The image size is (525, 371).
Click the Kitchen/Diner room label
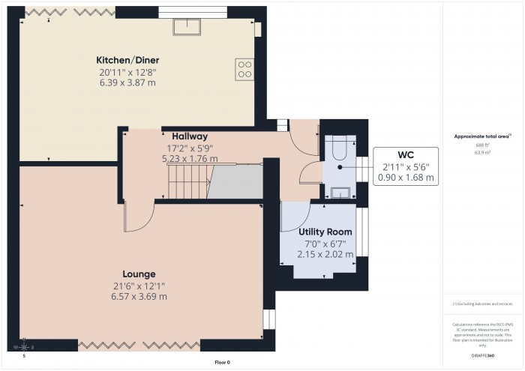tap(127, 59)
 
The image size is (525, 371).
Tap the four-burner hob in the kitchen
tap(244, 69)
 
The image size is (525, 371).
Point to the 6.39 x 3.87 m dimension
tap(127, 84)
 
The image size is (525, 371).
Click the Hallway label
tap(189, 136)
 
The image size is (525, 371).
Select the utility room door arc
tap(291, 217)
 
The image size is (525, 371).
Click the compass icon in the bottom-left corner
tap(25, 346)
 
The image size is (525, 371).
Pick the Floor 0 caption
tap(221, 362)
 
